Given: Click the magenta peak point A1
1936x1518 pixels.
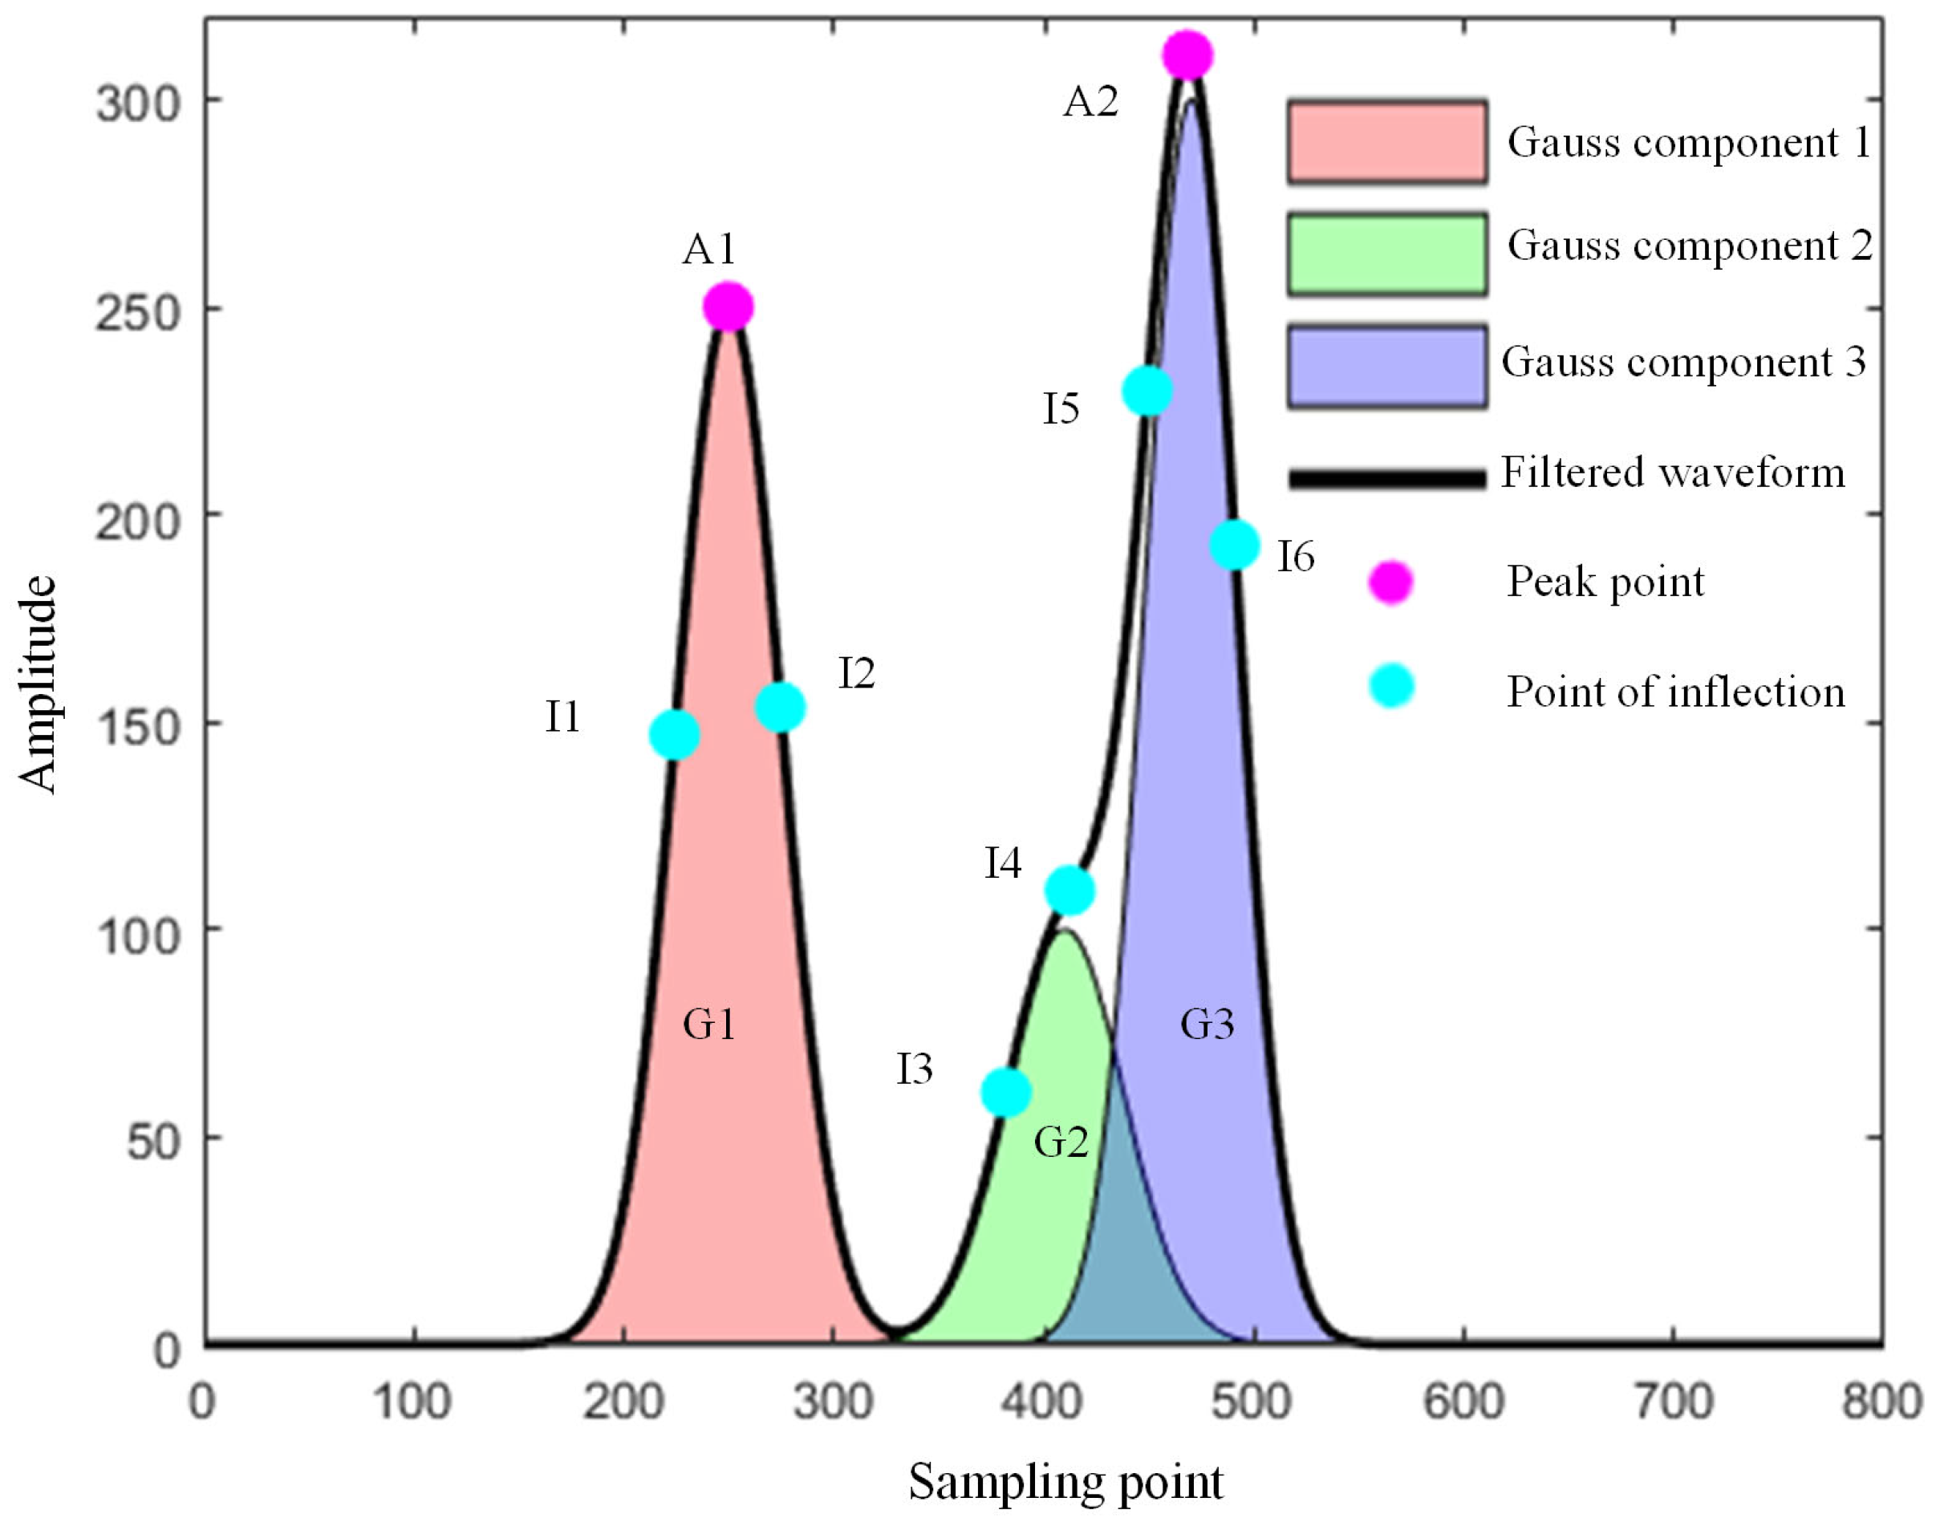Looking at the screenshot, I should (728, 307).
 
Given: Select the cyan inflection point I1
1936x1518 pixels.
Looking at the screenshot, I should (675, 734).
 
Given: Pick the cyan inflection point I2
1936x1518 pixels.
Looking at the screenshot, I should (780, 707).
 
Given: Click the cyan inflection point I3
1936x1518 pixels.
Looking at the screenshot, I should (1005, 1091).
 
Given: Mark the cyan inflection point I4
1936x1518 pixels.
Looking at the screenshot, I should (1069, 890).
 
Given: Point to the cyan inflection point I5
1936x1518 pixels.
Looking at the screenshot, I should (1147, 390).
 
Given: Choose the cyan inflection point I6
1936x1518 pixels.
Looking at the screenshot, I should (1235, 544).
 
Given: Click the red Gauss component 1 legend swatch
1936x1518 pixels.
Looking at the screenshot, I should (1386, 142).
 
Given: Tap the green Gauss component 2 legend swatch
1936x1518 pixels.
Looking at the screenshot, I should (1386, 254).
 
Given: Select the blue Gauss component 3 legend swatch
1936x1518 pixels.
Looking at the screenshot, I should (1386, 366).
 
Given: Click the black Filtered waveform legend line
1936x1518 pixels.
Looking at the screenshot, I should (1386, 478).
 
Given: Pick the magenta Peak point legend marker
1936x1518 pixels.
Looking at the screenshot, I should (1390, 582).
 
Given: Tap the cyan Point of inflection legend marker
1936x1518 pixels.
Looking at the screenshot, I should (1391, 686).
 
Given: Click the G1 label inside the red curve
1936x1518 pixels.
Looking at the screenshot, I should (708, 1025).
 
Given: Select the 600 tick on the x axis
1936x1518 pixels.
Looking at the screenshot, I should (1463, 1402).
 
